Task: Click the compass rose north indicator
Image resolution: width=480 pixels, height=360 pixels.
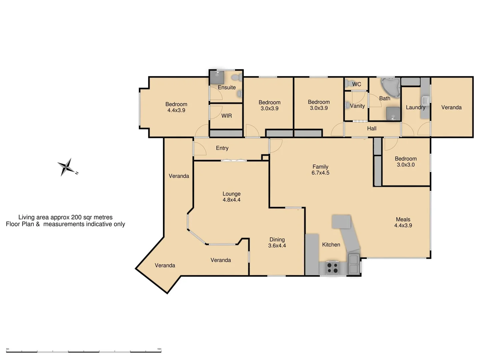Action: pyautogui.click(x=67, y=167)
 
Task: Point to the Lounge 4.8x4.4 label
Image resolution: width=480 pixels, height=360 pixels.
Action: pyautogui.click(x=231, y=197)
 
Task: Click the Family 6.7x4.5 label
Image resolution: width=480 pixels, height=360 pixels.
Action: pyautogui.click(x=320, y=170)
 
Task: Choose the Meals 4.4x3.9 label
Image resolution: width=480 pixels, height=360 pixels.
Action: pyautogui.click(x=403, y=222)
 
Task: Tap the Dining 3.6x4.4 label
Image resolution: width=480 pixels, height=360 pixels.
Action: pyautogui.click(x=277, y=242)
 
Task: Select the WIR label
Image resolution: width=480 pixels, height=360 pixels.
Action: pyautogui.click(x=226, y=116)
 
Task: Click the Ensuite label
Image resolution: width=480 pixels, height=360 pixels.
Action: pyautogui.click(x=227, y=87)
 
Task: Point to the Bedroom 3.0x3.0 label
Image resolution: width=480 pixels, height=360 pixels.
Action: pyautogui.click(x=406, y=162)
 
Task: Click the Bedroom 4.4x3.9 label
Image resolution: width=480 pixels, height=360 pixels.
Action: pyautogui.click(x=176, y=107)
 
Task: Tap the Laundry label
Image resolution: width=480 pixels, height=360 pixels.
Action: pyautogui.click(x=415, y=107)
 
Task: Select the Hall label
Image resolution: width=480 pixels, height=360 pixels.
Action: pyautogui.click(x=372, y=128)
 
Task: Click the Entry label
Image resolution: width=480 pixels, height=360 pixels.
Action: pyautogui.click(x=222, y=148)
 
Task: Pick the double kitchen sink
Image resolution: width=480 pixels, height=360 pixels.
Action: pyautogui.click(x=354, y=264)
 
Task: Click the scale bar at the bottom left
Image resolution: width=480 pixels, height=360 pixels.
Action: pyautogui.click(x=83, y=351)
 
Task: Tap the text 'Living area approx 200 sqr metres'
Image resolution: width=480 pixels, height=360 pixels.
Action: pyautogui.click(x=65, y=217)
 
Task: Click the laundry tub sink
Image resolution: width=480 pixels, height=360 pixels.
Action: pyautogui.click(x=425, y=100)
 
